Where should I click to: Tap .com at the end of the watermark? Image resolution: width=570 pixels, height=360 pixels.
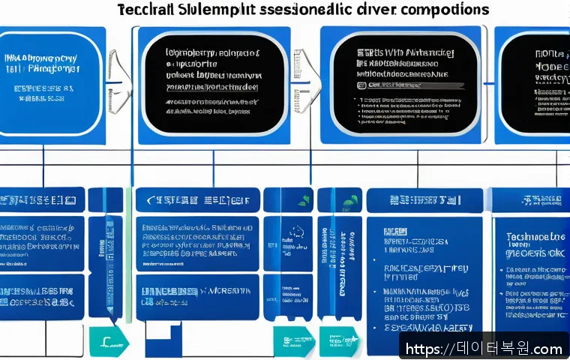(547, 349)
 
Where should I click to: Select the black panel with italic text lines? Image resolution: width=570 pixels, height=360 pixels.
(214, 82)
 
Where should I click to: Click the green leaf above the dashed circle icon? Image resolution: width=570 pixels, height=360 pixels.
(303, 201)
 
